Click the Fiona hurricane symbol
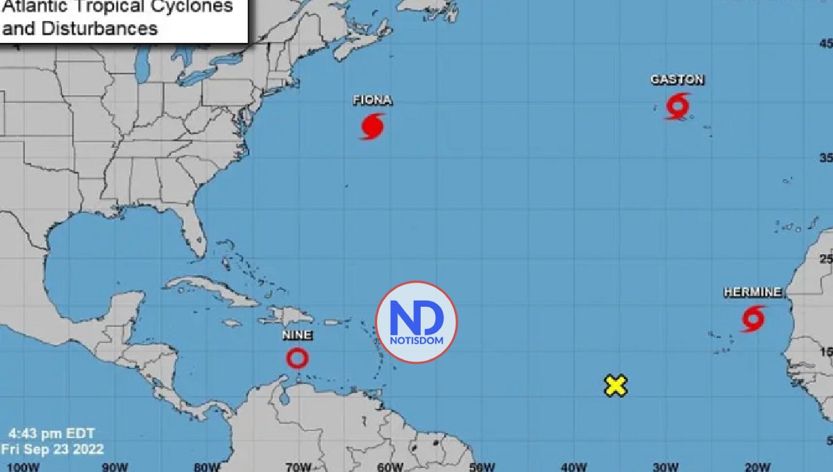372,126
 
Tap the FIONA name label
372,101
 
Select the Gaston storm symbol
678,106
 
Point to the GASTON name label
677,80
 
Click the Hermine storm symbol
752,319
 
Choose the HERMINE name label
752,292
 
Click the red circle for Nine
297,358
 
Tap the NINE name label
297,335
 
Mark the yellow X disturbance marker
615,385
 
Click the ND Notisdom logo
416,322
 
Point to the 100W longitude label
19,466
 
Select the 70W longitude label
298,466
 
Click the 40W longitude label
573,466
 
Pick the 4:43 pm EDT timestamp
48,433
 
